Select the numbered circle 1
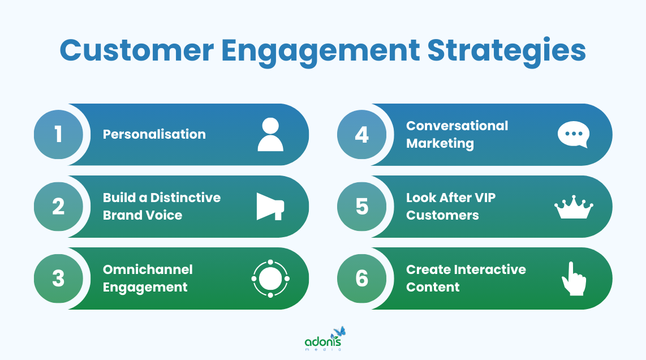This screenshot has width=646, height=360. coord(58,135)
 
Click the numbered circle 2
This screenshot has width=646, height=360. coord(58,207)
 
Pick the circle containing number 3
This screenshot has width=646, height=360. coord(58,278)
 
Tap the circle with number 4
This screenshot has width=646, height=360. coord(362,135)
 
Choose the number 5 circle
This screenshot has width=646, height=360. coord(362,207)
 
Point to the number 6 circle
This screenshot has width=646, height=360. coord(362,278)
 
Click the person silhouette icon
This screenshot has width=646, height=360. coord(270,135)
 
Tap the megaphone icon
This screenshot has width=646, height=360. coord(270,207)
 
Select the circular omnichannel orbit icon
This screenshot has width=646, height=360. coord(270,278)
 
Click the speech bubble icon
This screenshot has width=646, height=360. coord(574,135)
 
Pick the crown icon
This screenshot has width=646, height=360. coord(574,208)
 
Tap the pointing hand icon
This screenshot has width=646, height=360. coord(573,278)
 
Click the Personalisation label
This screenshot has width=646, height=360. coord(154,135)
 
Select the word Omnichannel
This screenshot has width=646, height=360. coord(148,269)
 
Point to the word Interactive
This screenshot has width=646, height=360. coord(489,269)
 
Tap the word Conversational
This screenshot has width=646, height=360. coord(457,126)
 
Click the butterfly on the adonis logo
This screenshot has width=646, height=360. coord(339,332)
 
